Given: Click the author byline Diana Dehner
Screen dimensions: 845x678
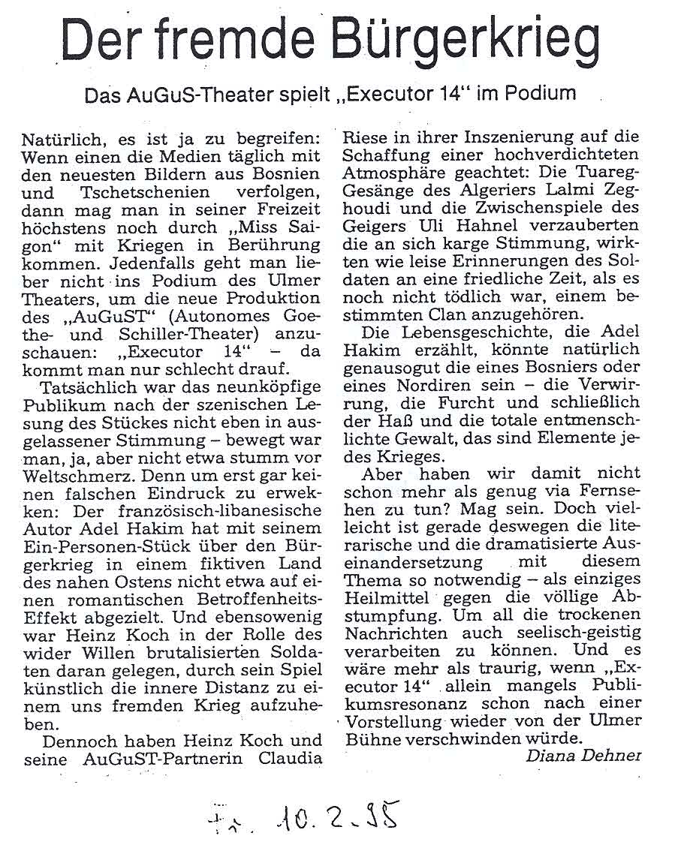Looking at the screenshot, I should (583, 756).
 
